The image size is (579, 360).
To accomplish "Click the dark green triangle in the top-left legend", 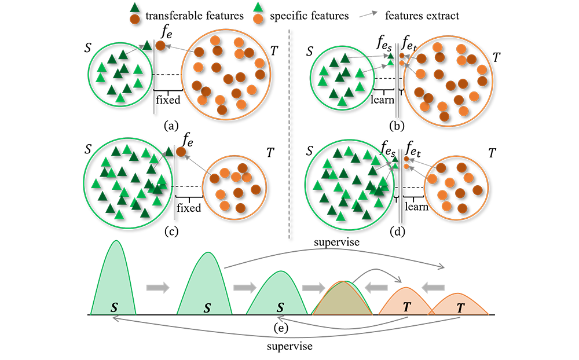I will pyautogui.click(x=135, y=8).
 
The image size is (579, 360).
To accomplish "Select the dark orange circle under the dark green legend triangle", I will pyautogui.click(x=135, y=19).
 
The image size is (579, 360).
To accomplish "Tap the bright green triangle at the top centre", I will pyautogui.click(x=258, y=8).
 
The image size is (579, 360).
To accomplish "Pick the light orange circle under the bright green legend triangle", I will pyautogui.click(x=258, y=19).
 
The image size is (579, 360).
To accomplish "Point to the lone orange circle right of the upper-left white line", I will pyautogui.click(x=161, y=45).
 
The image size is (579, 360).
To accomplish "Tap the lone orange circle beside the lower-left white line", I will pyautogui.click(x=181, y=152).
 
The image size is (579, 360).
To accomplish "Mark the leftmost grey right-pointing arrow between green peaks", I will pyautogui.click(x=156, y=287).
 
